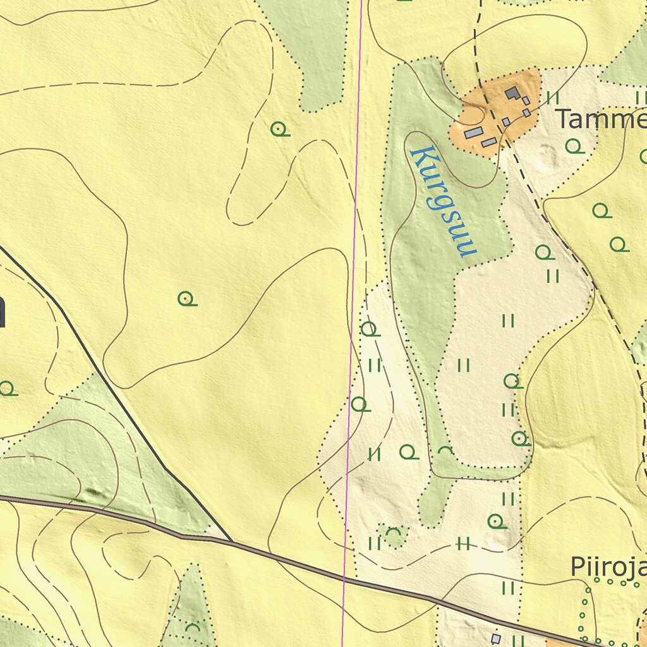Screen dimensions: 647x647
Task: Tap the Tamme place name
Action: (600, 119)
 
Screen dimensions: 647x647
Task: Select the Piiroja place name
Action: (608, 567)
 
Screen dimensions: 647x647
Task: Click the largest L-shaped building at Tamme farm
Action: (513, 94)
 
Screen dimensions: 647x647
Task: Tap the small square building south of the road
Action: (496, 639)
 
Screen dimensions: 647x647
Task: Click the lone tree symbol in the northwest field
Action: (279, 130)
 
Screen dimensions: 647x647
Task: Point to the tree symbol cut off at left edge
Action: (6, 388)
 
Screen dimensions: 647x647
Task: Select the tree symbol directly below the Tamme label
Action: (574, 147)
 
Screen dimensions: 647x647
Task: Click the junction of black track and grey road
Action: (231, 541)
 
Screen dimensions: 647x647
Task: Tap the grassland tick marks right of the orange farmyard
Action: (553, 97)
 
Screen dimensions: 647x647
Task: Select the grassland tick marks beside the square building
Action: (517, 640)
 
